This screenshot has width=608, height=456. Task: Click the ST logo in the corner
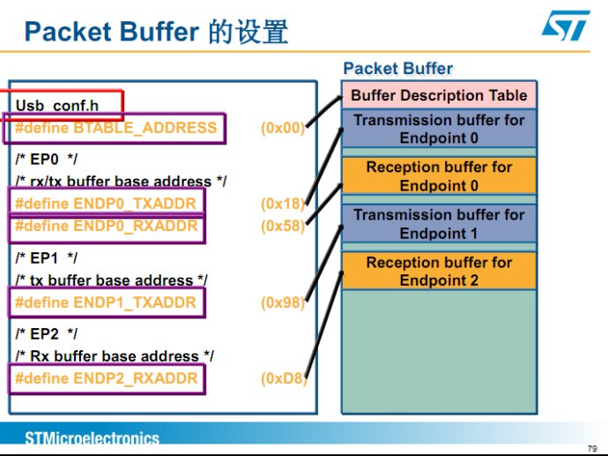(x=566, y=26)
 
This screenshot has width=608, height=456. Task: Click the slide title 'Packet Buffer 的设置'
(x=156, y=32)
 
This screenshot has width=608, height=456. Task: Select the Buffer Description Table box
(x=439, y=95)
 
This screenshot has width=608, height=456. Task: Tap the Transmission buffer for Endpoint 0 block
(x=439, y=129)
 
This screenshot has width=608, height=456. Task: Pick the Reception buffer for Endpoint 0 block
(x=439, y=176)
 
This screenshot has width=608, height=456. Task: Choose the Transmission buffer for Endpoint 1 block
(x=439, y=224)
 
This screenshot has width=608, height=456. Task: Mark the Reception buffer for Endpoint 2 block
(x=439, y=271)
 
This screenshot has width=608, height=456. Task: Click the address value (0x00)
(x=283, y=128)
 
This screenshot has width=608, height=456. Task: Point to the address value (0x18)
(x=283, y=204)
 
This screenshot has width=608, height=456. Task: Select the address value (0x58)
(x=283, y=226)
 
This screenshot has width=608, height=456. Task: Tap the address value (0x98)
(x=283, y=303)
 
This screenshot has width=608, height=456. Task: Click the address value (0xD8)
(x=283, y=378)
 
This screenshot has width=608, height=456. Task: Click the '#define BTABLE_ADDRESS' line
(x=115, y=128)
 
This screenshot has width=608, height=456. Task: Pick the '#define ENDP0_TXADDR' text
(x=106, y=204)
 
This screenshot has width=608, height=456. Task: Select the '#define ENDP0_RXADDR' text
(x=107, y=226)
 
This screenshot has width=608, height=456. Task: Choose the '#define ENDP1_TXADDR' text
(x=106, y=303)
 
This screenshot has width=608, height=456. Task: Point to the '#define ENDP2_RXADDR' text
(x=107, y=378)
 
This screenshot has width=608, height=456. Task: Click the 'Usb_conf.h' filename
(x=57, y=106)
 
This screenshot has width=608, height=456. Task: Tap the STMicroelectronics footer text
(x=92, y=438)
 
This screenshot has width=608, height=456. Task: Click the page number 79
(x=592, y=449)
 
